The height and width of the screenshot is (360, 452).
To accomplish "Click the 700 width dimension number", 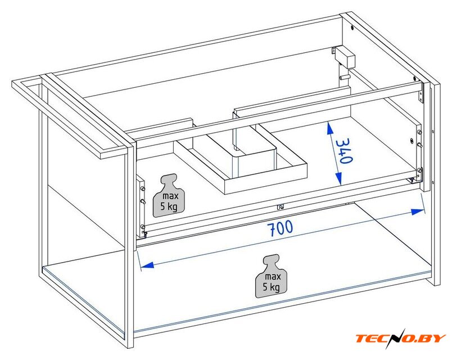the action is (x=281, y=228).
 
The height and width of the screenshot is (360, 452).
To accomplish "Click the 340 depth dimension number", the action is (x=344, y=151).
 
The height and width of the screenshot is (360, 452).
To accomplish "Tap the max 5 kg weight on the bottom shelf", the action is (x=271, y=276).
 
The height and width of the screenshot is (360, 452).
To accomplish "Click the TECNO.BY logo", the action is (x=401, y=338).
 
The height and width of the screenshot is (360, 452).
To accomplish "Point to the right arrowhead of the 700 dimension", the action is (x=418, y=211).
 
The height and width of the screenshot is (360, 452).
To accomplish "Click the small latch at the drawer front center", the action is (x=280, y=207).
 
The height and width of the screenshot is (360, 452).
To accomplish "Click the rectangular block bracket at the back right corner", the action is (x=345, y=57).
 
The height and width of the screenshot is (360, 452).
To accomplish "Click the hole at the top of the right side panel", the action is (x=352, y=28).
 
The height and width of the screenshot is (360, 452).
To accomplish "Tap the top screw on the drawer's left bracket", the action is (x=142, y=188).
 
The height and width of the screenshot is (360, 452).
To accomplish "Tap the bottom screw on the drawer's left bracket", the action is (x=142, y=227).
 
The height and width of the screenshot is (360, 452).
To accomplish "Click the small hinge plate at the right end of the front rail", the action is (x=421, y=92).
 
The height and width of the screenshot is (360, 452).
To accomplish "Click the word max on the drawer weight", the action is (x=170, y=196).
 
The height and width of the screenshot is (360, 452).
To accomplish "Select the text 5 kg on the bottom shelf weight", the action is (x=271, y=287).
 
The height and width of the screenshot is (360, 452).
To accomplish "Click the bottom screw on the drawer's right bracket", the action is (x=419, y=171).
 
